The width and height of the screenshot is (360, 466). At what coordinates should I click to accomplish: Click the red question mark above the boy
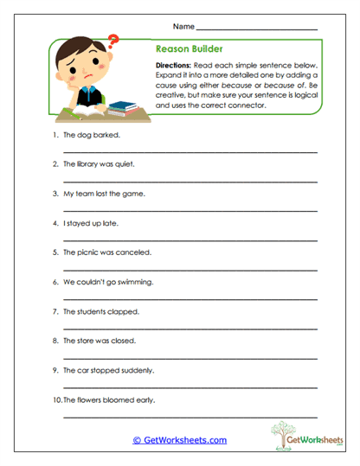pyautogui.click(x=112, y=40)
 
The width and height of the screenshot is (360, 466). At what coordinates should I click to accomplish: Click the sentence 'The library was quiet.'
pyautogui.click(x=100, y=164)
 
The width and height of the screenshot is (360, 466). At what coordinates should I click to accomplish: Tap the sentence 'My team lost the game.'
pyautogui.click(x=104, y=194)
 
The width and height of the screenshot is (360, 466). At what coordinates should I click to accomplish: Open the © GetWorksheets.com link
pyautogui.click(x=180, y=440)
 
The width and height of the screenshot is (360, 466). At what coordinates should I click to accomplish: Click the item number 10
pyautogui.click(x=56, y=399)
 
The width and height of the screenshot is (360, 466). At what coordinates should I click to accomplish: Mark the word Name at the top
pyautogui.click(x=183, y=27)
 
